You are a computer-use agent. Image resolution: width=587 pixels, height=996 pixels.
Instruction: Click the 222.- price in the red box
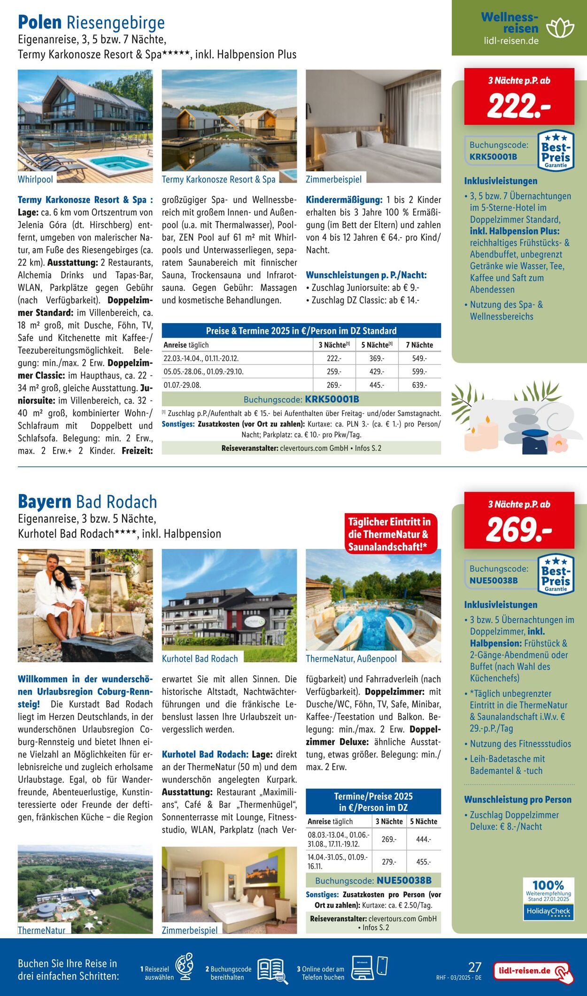(519, 107)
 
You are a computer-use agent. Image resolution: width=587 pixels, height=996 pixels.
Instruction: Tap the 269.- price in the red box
(519, 530)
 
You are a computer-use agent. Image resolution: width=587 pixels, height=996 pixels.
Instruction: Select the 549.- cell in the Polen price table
(419, 358)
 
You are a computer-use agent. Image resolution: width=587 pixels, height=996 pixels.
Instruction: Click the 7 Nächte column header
(419, 345)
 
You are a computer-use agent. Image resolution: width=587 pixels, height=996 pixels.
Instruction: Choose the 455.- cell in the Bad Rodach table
(423, 862)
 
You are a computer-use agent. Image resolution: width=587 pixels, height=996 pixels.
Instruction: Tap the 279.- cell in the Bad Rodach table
(389, 862)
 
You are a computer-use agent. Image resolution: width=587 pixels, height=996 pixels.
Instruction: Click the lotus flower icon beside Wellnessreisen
(560, 28)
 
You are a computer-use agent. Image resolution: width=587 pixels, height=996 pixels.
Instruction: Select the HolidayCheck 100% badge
(548, 899)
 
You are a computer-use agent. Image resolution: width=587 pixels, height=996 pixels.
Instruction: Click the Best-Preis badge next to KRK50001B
(556, 151)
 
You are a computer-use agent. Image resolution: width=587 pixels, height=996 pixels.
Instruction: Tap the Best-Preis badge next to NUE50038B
(556, 575)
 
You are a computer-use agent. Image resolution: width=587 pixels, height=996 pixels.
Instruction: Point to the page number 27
(475, 966)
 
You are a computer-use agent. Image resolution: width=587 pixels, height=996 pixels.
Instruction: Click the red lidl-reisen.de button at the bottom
(533, 971)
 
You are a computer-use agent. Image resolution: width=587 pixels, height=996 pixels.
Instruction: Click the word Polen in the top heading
(40, 23)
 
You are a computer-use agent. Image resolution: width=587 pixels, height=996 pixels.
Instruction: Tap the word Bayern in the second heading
(45, 502)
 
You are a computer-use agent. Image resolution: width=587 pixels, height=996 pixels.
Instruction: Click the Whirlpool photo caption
(35, 179)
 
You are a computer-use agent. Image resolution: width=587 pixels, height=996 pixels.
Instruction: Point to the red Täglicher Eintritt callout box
(390, 534)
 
